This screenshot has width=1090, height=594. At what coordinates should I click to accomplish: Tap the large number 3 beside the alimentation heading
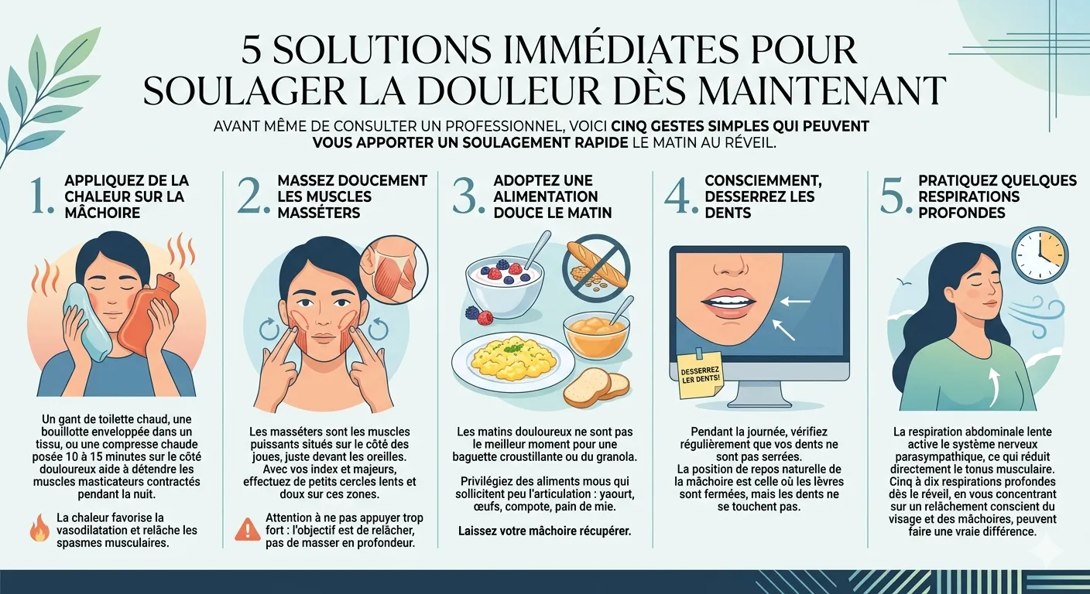coord(468,198)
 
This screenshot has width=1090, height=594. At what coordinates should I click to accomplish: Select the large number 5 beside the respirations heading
coord(894,198)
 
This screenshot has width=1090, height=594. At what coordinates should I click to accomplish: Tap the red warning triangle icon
coord(248,529)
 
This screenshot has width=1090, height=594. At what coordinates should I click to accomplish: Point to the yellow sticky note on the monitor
coord(699,374)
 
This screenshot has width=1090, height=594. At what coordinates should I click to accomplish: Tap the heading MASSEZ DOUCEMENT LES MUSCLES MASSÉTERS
coord(351,196)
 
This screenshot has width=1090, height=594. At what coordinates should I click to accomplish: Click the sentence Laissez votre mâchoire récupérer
coord(544,531)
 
